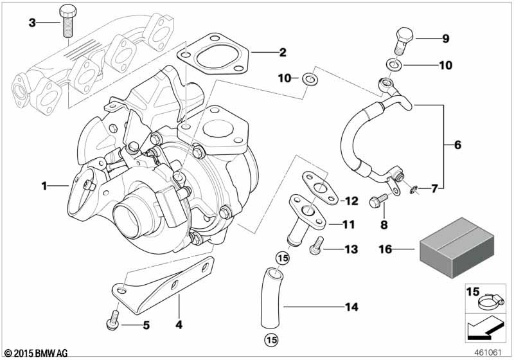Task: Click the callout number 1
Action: point(44,186)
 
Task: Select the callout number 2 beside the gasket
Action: point(282,53)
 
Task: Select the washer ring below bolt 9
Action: point(393,65)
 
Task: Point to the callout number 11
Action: point(348,225)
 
